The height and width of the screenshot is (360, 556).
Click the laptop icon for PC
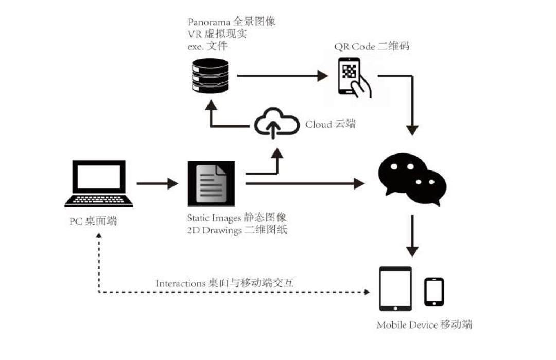(x=99, y=183)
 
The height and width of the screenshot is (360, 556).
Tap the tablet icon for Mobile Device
(x=395, y=288)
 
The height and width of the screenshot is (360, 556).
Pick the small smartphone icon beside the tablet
(x=434, y=292)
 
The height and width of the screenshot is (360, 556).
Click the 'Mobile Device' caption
(x=407, y=325)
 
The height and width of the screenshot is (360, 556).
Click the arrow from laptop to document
(x=157, y=183)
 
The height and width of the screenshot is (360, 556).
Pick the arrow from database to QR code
(x=282, y=76)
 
